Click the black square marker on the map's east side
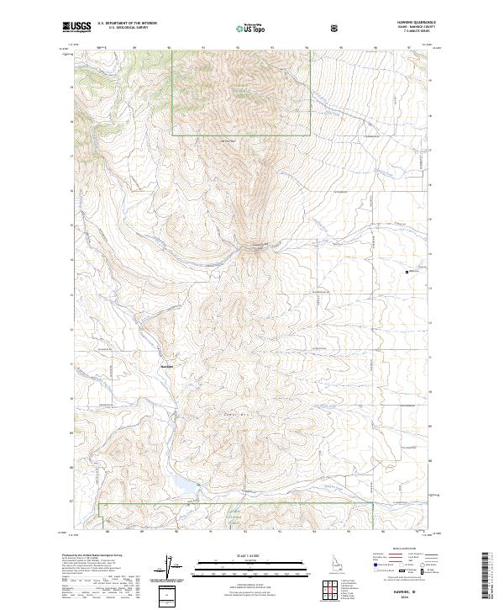[x=408, y=271]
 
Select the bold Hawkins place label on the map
[x=166, y=365]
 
